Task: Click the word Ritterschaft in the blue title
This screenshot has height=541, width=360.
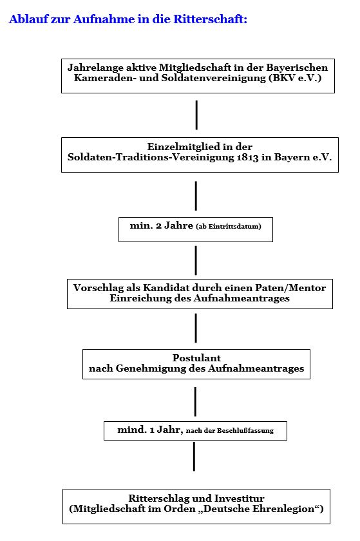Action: [210, 19]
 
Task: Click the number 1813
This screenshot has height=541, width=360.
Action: [247, 157]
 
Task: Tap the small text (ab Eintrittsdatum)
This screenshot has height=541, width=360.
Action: [229, 227]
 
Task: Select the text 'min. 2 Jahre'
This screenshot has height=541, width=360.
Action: [161, 225]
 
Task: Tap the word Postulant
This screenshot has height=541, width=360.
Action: [196, 358]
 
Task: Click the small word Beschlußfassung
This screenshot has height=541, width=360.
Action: [245, 431]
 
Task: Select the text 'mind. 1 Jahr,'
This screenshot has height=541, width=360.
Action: [150, 430]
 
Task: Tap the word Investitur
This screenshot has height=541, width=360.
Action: [240, 498]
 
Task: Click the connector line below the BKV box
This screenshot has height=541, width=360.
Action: [196, 115]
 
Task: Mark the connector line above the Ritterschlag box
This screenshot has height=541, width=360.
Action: [194, 456]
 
